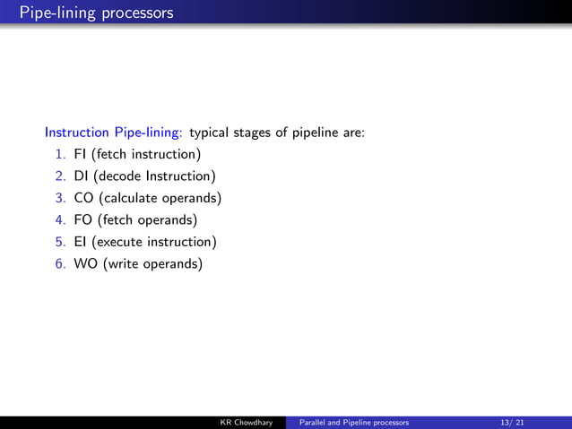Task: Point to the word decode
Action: (x=117, y=176)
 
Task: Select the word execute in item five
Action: (x=120, y=242)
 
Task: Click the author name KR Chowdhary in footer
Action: (x=247, y=422)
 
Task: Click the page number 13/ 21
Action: (x=514, y=422)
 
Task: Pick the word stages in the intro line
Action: (x=252, y=133)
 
